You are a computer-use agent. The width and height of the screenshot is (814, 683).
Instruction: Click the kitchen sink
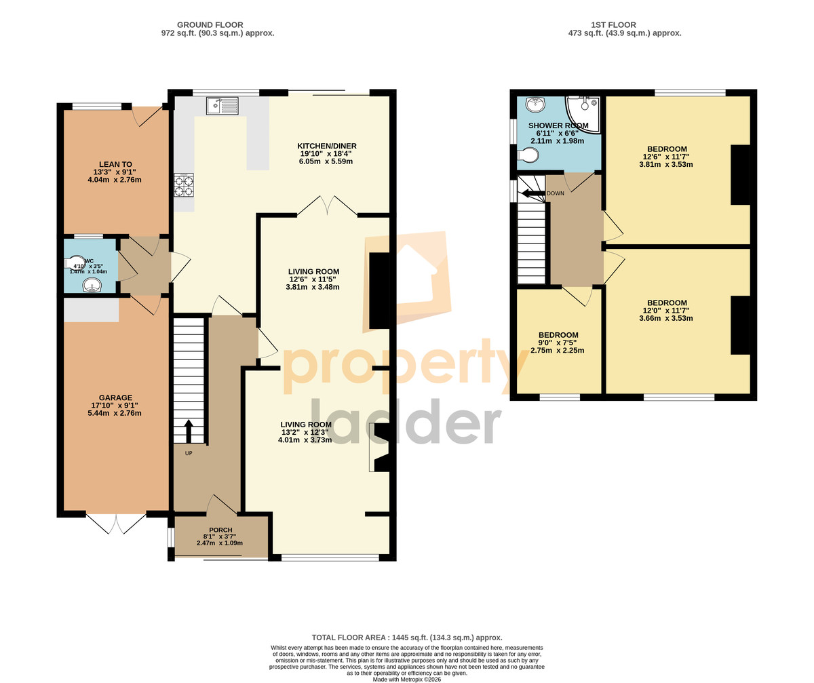222,106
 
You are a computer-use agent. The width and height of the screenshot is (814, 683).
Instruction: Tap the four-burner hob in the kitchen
184,186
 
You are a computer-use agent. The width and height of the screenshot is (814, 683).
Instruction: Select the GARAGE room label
115,397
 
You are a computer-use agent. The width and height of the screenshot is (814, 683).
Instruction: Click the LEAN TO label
115,165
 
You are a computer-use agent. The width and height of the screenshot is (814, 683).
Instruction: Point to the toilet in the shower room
528,155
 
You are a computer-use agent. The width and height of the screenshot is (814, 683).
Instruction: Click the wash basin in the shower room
536,104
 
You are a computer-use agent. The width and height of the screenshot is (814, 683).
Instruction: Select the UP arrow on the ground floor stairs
189,431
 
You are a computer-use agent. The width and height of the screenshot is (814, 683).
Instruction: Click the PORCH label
220,530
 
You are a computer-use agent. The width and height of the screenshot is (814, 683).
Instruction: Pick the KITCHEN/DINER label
327,146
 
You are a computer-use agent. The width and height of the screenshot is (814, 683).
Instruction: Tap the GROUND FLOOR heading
210,24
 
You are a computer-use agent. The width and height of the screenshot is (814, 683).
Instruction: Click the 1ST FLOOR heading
614,24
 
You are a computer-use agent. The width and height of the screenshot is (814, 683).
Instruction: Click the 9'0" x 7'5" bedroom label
558,343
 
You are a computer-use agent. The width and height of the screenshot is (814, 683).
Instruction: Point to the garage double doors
116,523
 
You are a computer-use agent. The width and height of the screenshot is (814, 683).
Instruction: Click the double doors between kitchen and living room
327,206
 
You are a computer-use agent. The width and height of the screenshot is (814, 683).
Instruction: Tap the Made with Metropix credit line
407,680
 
